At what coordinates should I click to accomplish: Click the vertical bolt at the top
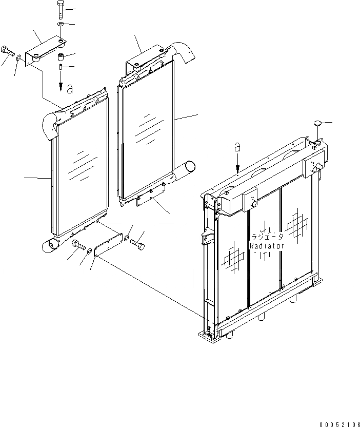pyautogui.click(x=61, y=9)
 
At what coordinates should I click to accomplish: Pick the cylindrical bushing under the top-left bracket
pyautogui.click(x=61, y=56)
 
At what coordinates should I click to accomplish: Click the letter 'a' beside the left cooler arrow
pyautogui.click(x=69, y=88)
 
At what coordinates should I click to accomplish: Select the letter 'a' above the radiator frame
pyautogui.click(x=237, y=147)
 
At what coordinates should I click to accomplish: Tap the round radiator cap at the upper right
pyautogui.click(x=317, y=124)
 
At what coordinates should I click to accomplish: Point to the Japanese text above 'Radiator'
pyautogui.click(x=267, y=238)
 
